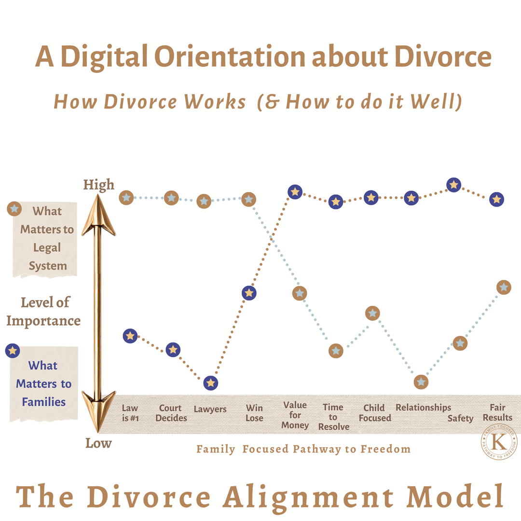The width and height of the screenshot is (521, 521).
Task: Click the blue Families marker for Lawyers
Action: pos(211,383)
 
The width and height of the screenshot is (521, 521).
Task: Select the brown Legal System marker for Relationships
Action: pos(421,382)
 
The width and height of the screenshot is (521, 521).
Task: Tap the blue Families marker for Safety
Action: pos(454,185)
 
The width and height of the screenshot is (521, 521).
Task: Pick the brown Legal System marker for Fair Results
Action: pos(504,287)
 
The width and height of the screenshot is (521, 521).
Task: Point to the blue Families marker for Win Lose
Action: pos(249,293)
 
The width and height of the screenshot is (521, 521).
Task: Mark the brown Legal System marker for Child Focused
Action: pos(372,313)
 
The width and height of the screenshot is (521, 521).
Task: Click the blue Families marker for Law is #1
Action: pos(130,336)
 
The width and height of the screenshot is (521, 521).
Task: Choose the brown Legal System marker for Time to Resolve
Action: pos(336,351)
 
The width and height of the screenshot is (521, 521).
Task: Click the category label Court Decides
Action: pos(171,413)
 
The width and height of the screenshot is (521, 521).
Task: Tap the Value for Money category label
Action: pos(295,415)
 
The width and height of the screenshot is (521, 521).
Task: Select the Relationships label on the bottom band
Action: pos(424,408)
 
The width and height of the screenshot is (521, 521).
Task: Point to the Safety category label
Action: pos(460,418)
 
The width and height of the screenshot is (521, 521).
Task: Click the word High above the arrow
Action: pos(99,185)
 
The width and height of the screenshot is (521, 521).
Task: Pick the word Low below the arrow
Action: pos(99,443)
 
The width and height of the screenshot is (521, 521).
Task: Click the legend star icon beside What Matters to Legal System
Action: pos(14,209)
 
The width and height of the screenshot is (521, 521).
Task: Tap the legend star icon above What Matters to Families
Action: pos(13,351)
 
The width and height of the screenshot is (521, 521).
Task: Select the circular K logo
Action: pos(499,441)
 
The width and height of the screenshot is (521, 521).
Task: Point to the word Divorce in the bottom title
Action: pos(149,497)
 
